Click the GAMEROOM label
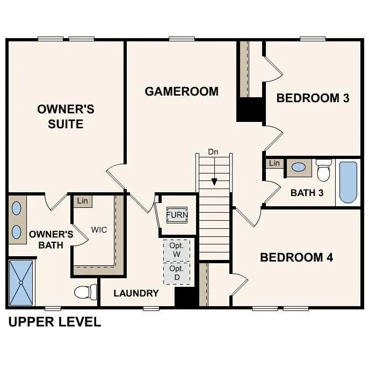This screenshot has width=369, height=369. tap(182, 91)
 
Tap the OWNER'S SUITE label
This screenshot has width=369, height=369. tap(66, 117)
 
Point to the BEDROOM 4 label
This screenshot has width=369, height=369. tap(296, 257)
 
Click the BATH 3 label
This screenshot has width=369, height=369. tap(307, 192)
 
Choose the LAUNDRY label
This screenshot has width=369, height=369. tap(136, 293)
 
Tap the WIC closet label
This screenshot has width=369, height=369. tap(99, 230)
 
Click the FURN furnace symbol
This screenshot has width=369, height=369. tap(177, 215)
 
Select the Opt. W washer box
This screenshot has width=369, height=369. tap(177, 249)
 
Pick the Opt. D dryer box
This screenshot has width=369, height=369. tap(177, 272)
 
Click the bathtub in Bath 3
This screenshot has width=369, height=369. tap(348, 182)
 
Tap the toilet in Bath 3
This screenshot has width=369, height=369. tap(323, 170)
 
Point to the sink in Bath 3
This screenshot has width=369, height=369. tap(299, 167)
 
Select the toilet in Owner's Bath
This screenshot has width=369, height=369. tap(84, 292)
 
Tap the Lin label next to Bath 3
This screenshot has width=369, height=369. tap(274, 163)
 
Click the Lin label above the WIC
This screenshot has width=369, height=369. tap(82, 201)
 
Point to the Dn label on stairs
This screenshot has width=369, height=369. tap(214, 152)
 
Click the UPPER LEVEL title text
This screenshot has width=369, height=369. tap(54, 322)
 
